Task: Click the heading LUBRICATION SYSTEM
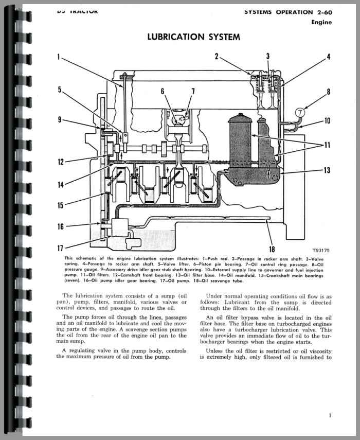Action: (193, 37)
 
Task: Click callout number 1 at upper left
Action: (59, 57)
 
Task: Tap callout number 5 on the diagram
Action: (60, 90)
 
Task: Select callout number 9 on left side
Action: (60, 120)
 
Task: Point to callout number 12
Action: (61, 163)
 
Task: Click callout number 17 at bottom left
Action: (61, 248)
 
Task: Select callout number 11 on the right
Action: (327, 146)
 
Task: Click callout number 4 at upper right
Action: (328, 57)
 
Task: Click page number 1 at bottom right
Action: (330, 415)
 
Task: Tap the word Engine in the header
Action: (321, 22)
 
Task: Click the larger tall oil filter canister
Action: (240, 139)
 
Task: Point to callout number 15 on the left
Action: (61, 205)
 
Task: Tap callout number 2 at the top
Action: (217, 57)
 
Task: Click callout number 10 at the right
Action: (327, 121)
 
